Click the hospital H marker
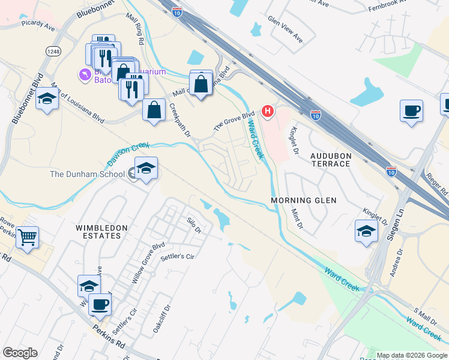[268, 112]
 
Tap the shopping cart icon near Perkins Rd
[27, 238]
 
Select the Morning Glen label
[303, 200]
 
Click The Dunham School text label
[87, 175]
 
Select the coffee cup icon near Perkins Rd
[100, 304]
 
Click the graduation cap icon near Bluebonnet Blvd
[47, 99]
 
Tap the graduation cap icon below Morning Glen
[366, 231]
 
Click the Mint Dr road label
[297, 217]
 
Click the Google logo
[20, 353]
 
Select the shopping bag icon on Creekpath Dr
[154, 110]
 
